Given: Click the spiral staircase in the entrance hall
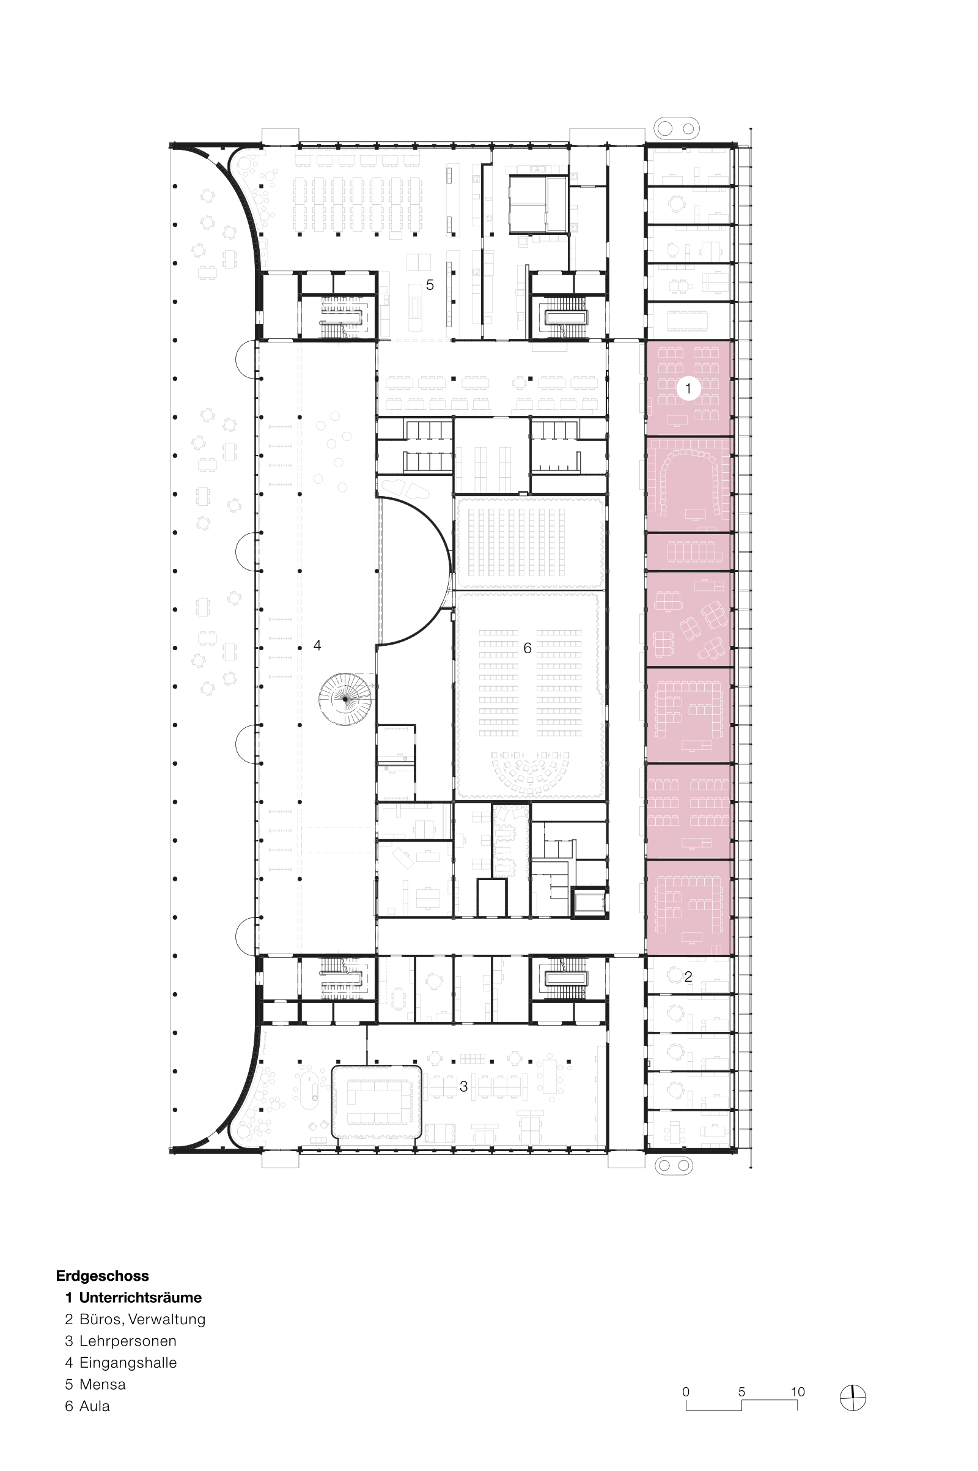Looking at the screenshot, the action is pos(345,699).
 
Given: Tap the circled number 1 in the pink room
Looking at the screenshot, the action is pos(688,388).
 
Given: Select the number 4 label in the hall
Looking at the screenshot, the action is pos(317,645).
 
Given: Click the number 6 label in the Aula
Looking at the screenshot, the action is pos(527,648).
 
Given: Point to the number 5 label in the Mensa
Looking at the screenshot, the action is pos(430,284).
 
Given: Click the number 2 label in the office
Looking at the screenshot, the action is pos(688,977).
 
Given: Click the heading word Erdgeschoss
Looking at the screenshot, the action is pos(102,1276).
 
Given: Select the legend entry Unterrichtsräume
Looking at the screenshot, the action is pos(141,1297).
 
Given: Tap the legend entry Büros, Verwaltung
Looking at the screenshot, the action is pos(142,1319).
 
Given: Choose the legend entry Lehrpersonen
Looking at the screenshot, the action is pos(128,1341).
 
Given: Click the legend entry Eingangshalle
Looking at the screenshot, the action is pos(128,1363).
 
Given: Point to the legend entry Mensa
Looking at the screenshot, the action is pos(102,1384).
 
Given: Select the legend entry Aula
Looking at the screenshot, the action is pos(95,1406).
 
